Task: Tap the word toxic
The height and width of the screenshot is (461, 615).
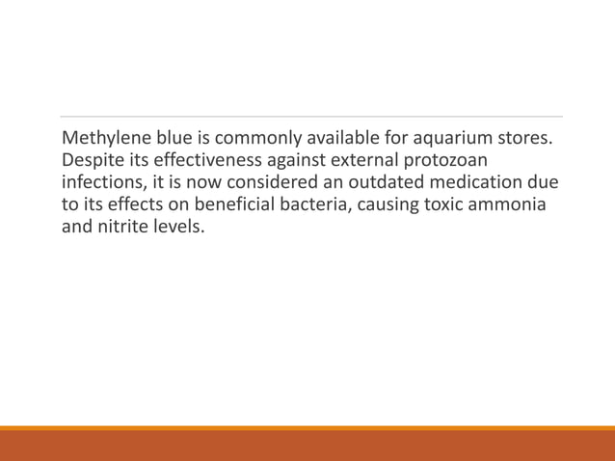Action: [x=443, y=205]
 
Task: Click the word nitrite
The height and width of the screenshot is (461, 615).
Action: [x=124, y=229]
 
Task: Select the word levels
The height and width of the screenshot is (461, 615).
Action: [x=180, y=229]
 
